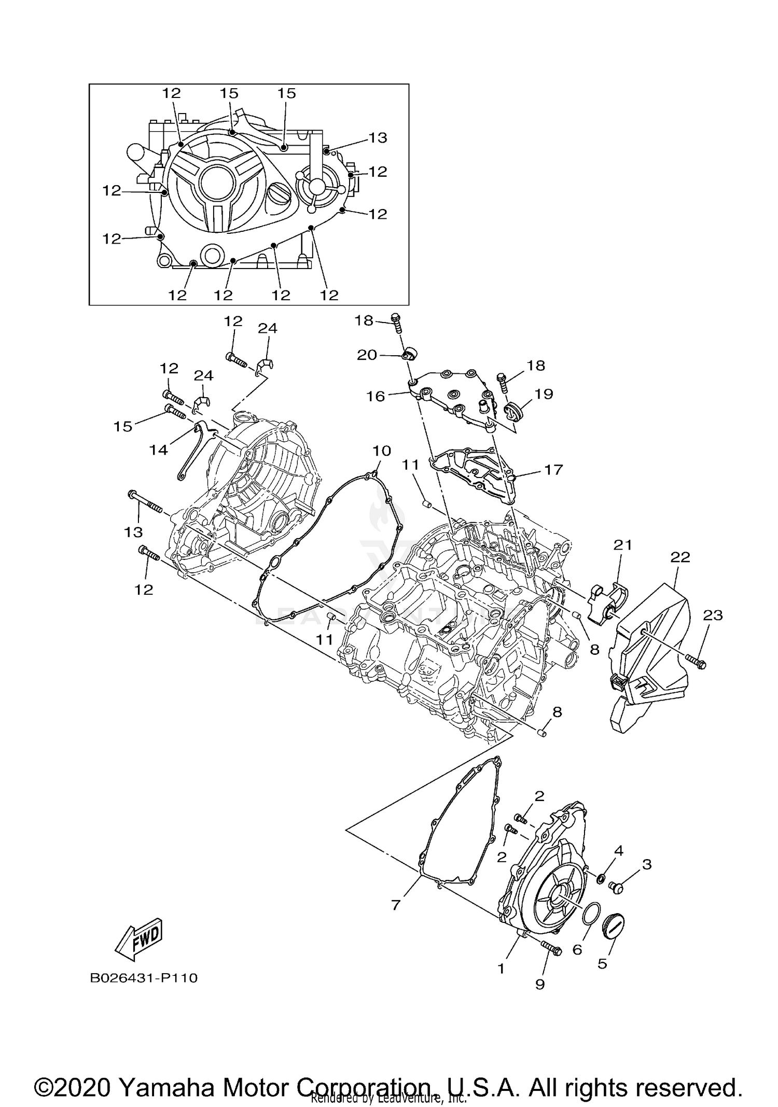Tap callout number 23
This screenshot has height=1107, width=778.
713,615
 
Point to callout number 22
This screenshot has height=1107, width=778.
680,557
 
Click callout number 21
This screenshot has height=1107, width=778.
623,545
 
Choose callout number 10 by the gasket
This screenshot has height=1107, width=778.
382,451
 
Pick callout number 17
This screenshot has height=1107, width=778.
553,469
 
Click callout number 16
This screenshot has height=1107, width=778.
376,396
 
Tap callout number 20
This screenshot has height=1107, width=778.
367,355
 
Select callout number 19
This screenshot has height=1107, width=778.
544,394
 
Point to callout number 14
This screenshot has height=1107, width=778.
159,450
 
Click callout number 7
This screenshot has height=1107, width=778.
396,905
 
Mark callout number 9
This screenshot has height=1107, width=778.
540,984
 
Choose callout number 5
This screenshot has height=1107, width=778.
602,963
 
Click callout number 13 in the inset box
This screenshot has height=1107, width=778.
378,137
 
